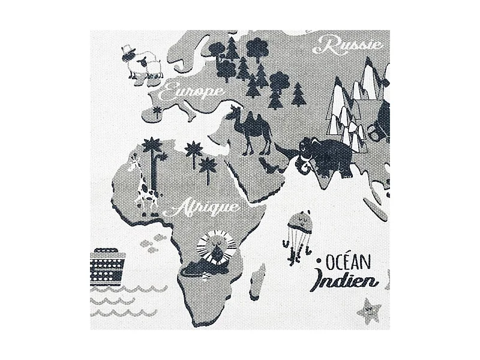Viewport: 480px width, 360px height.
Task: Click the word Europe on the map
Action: [x=193, y=92]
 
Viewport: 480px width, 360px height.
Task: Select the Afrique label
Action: [x=206, y=208]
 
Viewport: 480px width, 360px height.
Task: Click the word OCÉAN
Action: [x=351, y=262]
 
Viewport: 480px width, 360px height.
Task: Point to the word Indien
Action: [x=340, y=281]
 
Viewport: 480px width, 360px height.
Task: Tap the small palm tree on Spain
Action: [x=158, y=110]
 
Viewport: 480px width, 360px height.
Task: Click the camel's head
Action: [x=235, y=110]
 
